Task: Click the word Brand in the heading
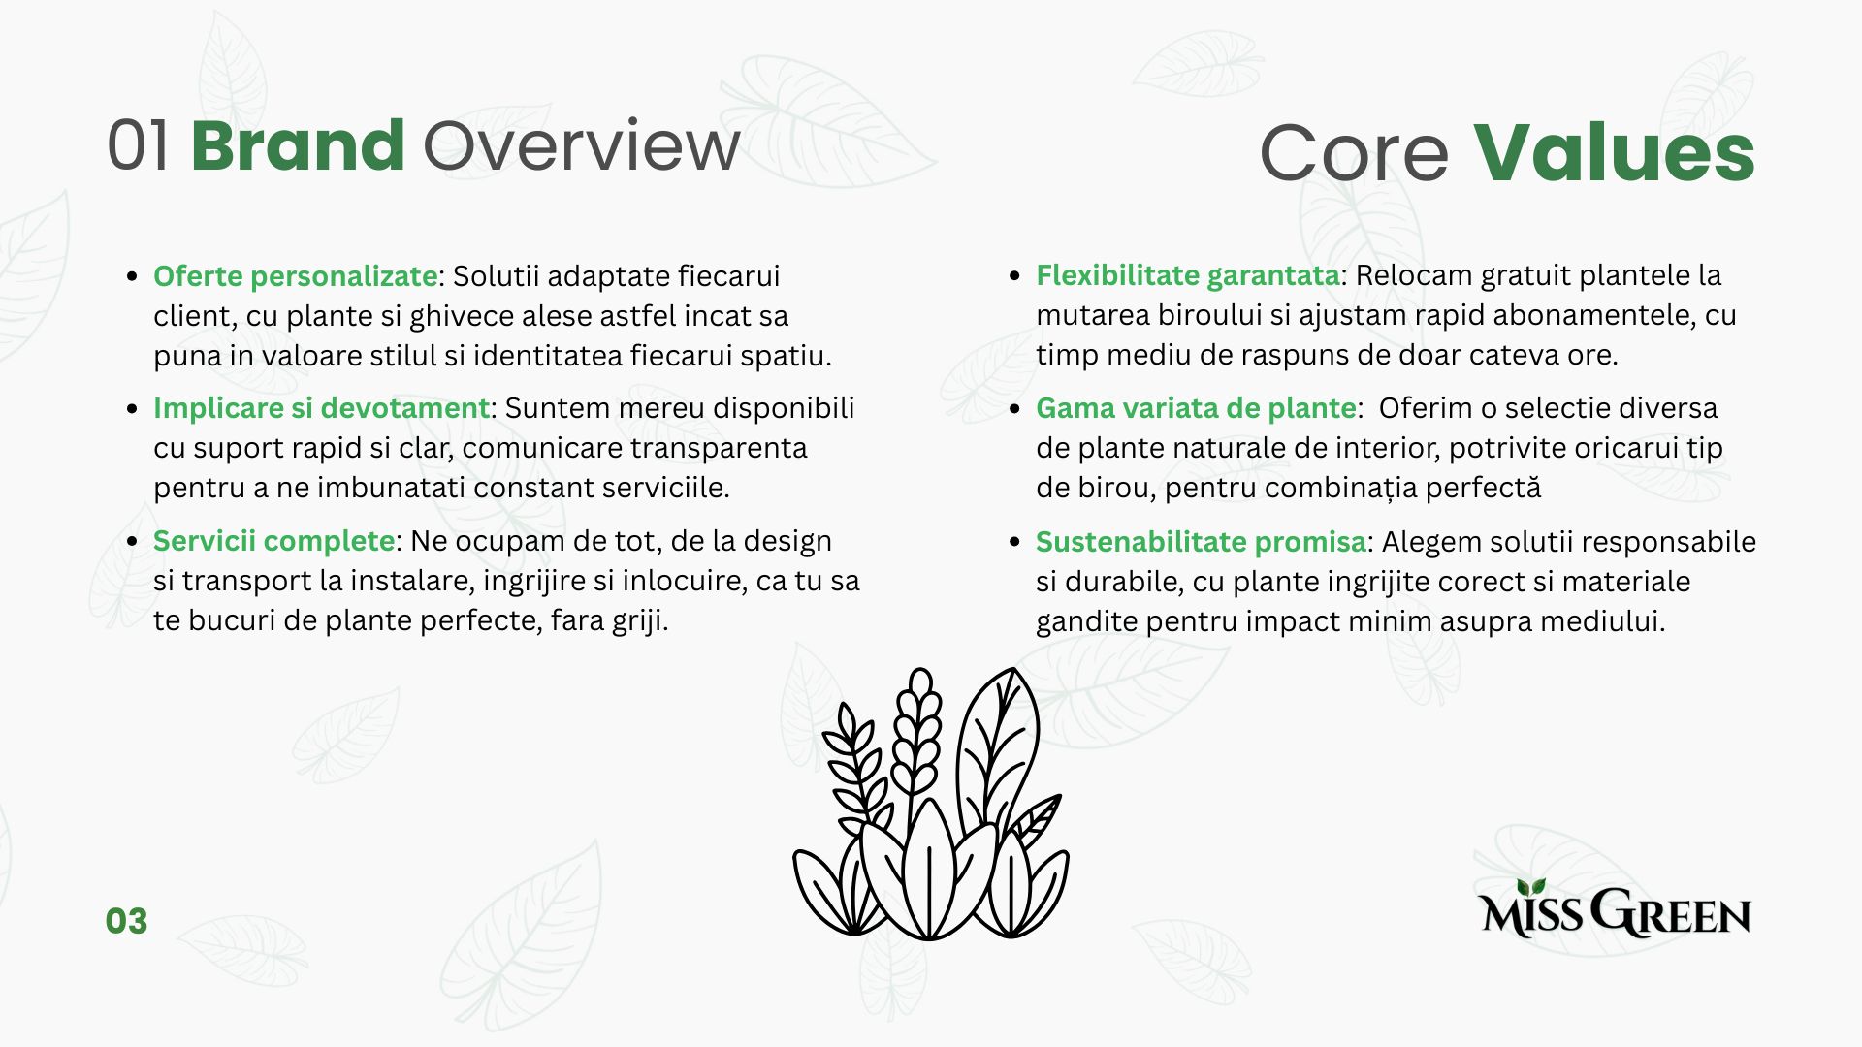click(298, 145)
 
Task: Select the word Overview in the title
click(582, 145)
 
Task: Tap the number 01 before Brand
click(139, 145)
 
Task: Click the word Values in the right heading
click(1615, 152)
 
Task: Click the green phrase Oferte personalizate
click(296, 276)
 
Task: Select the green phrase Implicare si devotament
click(322, 408)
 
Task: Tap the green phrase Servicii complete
click(274, 541)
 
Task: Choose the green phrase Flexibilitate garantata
click(1188, 275)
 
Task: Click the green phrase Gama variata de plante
click(1196, 408)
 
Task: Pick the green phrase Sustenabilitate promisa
click(1202, 542)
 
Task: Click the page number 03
click(126, 921)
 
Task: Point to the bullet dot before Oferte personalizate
click(133, 276)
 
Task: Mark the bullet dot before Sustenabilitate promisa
click(1015, 542)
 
